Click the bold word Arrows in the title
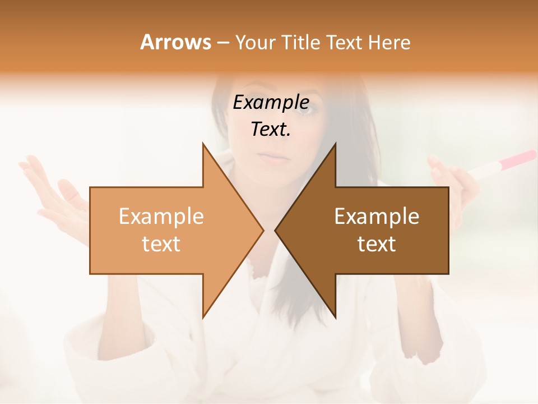pos(176,42)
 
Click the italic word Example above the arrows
pos(271,102)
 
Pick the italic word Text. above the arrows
pos(271,129)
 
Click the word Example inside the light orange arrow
pos(161,216)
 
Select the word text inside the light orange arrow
pos(161,244)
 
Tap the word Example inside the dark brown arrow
pos(377,216)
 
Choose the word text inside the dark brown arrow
pos(377,244)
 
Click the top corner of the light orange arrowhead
pos(203,144)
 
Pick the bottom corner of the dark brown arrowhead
pos(335,318)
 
